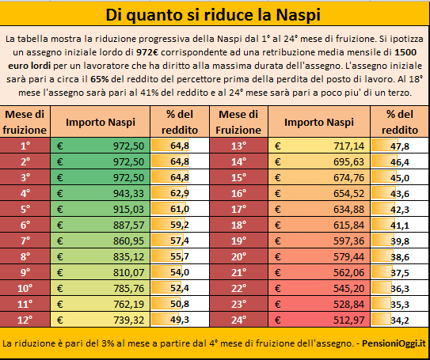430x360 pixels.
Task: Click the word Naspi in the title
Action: point(298,15)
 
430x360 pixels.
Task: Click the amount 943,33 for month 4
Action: point(128,193)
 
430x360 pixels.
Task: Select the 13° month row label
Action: point(238,146)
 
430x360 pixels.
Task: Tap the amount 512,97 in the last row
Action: point(348,320)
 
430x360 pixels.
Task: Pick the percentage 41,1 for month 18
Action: point(400,225)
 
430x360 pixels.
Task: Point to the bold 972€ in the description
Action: point(147,52)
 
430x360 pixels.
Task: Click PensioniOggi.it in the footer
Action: point(394,343)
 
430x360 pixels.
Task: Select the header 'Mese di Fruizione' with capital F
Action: point(238,122)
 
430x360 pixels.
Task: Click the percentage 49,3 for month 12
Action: point(180,320)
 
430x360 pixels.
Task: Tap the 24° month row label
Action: point(238,320)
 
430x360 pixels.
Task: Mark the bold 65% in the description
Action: point(100,79)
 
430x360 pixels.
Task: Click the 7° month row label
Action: point(25,241)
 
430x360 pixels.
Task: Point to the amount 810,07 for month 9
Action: point(128,273)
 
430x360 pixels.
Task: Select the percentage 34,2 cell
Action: point(400,320)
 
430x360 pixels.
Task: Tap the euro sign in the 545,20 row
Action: point(277,288)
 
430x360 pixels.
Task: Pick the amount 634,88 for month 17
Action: point(348,210)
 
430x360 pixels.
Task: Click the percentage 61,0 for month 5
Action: point(180,209)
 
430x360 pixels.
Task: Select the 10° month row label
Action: point(25,288)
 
